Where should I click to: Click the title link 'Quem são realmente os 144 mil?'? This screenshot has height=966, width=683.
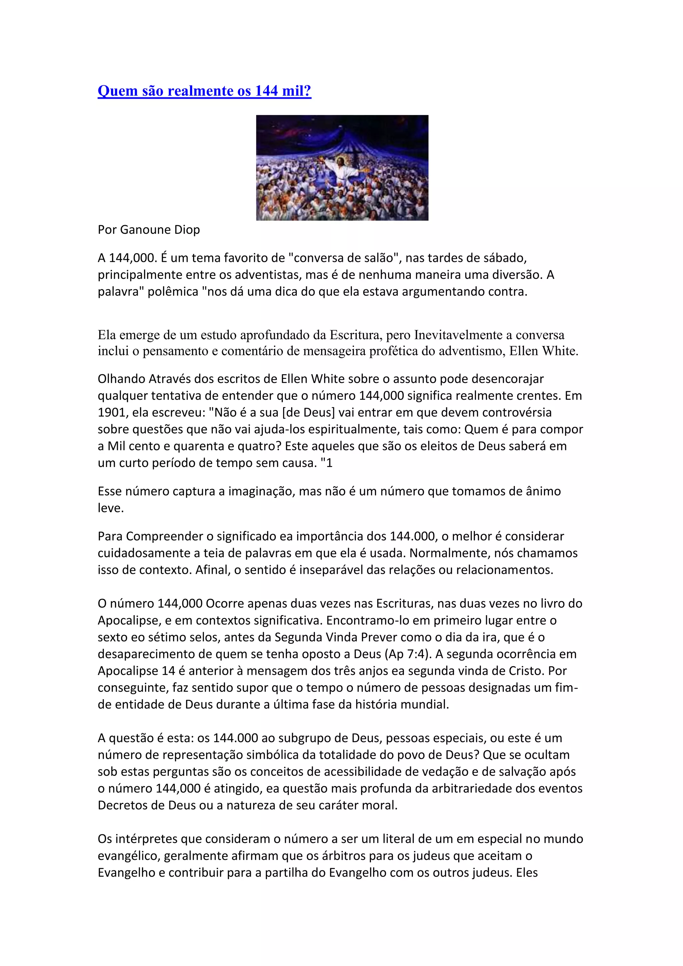[x=204, y=91]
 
